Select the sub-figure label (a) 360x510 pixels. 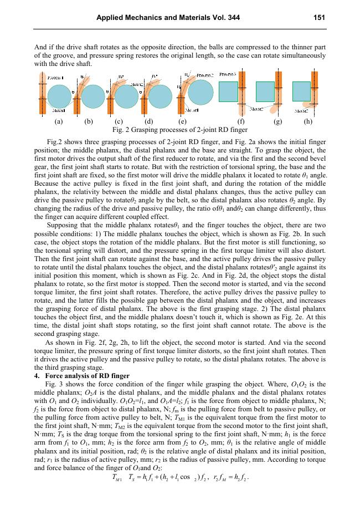[x=58, y=120]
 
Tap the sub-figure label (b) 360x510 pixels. [x=88, y=120]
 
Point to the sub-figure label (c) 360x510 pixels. [x=118, y=120]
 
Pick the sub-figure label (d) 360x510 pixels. [x=148, y=120]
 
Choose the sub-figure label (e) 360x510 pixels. [x=182, y=120]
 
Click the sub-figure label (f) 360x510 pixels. [x=241, y=120]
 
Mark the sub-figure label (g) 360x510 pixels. [x=277, y=120]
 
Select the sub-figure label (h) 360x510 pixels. [x=308, y=120]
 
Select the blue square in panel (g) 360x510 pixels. [x=265, y=91]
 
